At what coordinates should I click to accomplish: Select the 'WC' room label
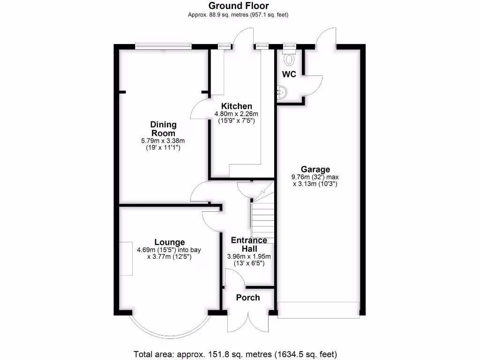coord(289,75)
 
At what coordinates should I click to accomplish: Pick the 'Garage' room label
coord(315,170)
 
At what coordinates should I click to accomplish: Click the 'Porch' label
coord(248,298)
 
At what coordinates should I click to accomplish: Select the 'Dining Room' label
coord(164,129)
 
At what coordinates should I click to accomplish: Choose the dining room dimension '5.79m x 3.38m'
coord(163,141)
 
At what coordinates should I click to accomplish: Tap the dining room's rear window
coord(164,46)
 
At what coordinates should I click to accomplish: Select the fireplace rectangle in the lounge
coord(125,258)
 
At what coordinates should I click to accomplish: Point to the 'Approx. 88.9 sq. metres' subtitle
coord(238,15)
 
